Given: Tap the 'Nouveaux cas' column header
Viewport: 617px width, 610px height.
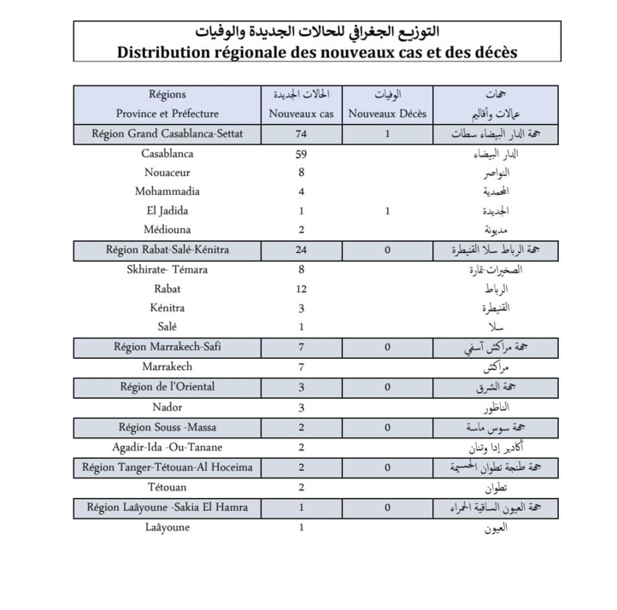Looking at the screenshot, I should [x=301, y=114].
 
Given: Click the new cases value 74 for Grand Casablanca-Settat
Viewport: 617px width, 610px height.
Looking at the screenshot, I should [x=301, y=134].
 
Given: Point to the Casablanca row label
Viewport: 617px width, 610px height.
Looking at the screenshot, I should [x=167, y=154].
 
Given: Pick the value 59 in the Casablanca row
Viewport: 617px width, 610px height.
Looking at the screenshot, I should [x=301, y=155].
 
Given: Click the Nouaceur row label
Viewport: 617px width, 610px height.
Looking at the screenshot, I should [x=167, y=173].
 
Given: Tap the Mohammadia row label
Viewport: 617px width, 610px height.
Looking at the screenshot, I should [x=167, y=191].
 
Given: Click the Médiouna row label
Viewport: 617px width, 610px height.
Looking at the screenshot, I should [x=167, y=230].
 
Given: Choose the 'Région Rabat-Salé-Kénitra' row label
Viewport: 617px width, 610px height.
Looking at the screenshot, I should [x=167, y=250].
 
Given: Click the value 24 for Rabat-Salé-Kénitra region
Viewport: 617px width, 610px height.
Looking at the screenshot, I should [x=301, y=250].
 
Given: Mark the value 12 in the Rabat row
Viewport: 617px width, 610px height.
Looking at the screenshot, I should [x=301, y=289].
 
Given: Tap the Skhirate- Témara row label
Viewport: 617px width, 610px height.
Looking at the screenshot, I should [x=167, y=270].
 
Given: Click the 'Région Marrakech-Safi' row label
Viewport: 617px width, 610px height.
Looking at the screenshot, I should [x=167, y=347].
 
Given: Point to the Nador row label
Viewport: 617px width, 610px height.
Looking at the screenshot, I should [x=167, y=407].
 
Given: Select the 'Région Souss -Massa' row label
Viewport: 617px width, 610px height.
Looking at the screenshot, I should [x=167, y=427].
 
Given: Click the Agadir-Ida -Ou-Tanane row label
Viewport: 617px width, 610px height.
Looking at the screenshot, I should [x=167, y=447].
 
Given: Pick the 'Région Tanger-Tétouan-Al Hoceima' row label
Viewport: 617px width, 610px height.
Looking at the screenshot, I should [x=167, y=467].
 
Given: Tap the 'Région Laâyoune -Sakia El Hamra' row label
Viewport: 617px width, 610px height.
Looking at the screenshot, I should [x=167, y=507].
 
